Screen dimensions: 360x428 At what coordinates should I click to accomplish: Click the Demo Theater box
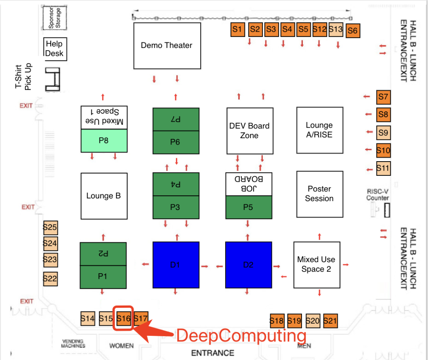(x=166, y=45)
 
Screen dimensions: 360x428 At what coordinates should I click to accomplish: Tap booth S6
(x=353, y=31)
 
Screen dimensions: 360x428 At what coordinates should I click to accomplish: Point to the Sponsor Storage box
(x=55, y=18)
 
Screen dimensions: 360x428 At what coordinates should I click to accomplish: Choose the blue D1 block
(x=176, y=265)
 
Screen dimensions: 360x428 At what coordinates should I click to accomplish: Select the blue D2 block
(x=248, y=265)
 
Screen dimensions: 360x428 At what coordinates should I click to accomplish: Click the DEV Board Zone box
(x=250, y=131)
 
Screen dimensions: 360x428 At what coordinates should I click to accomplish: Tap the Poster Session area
(x=319, y=194)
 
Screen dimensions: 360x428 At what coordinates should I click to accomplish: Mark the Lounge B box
(x=103, y=196)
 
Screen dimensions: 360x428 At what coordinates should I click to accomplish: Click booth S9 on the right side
(x=383, y=133)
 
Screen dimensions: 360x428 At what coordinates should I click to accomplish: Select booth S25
(x=50, y=228)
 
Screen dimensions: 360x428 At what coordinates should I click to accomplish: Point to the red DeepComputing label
(x=241, y=336)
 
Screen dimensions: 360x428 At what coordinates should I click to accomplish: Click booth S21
(x=330, y=321)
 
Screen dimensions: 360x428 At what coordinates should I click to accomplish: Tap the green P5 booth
(x=248, y=207)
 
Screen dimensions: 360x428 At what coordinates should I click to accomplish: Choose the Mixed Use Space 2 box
(x=316, y=265)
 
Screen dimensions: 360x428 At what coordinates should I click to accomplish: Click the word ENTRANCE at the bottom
(x=213, y=352)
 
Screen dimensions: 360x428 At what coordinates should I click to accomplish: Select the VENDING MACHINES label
(x=73, y=343)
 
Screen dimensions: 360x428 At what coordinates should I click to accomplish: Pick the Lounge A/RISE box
(x=319, y=130)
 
